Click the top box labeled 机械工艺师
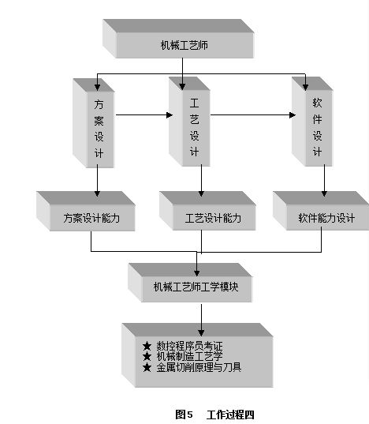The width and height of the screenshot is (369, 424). tap(178, 39)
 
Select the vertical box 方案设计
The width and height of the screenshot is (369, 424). tap(94, 123)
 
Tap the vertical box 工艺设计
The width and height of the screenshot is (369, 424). tap(189, 122)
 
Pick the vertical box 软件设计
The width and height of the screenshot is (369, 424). tap(312, 122)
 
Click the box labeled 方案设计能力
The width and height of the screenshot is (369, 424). tap(86, 211)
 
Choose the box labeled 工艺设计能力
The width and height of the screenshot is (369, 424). tap(207, 211)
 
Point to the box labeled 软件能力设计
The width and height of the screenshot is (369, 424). tap(321, 211)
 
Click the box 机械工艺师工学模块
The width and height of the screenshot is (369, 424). tap(190, 283)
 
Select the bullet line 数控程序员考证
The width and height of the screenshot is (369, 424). tap(183, 346)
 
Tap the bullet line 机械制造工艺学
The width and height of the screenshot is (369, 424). tap(183, 356)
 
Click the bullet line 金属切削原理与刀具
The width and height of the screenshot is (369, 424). tap(192, 367)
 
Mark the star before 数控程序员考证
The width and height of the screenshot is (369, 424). tap(147, 346)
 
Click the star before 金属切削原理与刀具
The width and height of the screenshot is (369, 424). tap(147, 367)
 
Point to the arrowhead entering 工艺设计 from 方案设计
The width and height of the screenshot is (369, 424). tap(170, 115)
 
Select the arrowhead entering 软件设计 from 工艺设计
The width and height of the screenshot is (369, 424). tap(293, 115)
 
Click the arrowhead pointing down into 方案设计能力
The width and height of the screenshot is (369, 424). tap(98, 194)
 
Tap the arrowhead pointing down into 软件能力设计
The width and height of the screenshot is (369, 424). tap(325, 193)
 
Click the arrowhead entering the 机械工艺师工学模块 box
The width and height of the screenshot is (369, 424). tap(197, 273)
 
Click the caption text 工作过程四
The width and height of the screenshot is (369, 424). tap(230, 415)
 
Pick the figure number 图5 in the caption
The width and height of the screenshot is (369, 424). tap(184, 415)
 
